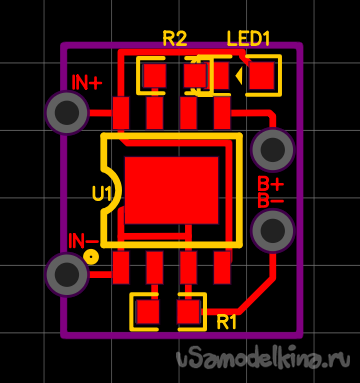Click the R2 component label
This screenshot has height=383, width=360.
(174, 38)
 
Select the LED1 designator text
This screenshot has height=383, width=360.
(248, 38)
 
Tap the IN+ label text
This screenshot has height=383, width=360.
(86, 83)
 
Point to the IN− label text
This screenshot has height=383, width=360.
(83, 241)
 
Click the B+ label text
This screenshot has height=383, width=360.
(271, 184)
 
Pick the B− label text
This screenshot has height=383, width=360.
(271, 201)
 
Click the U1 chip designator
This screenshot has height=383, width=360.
(102, 194)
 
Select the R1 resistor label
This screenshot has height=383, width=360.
(227, 322)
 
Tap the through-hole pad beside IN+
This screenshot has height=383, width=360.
(67, 113)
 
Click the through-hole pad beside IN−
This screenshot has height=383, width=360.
(67, 274)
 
